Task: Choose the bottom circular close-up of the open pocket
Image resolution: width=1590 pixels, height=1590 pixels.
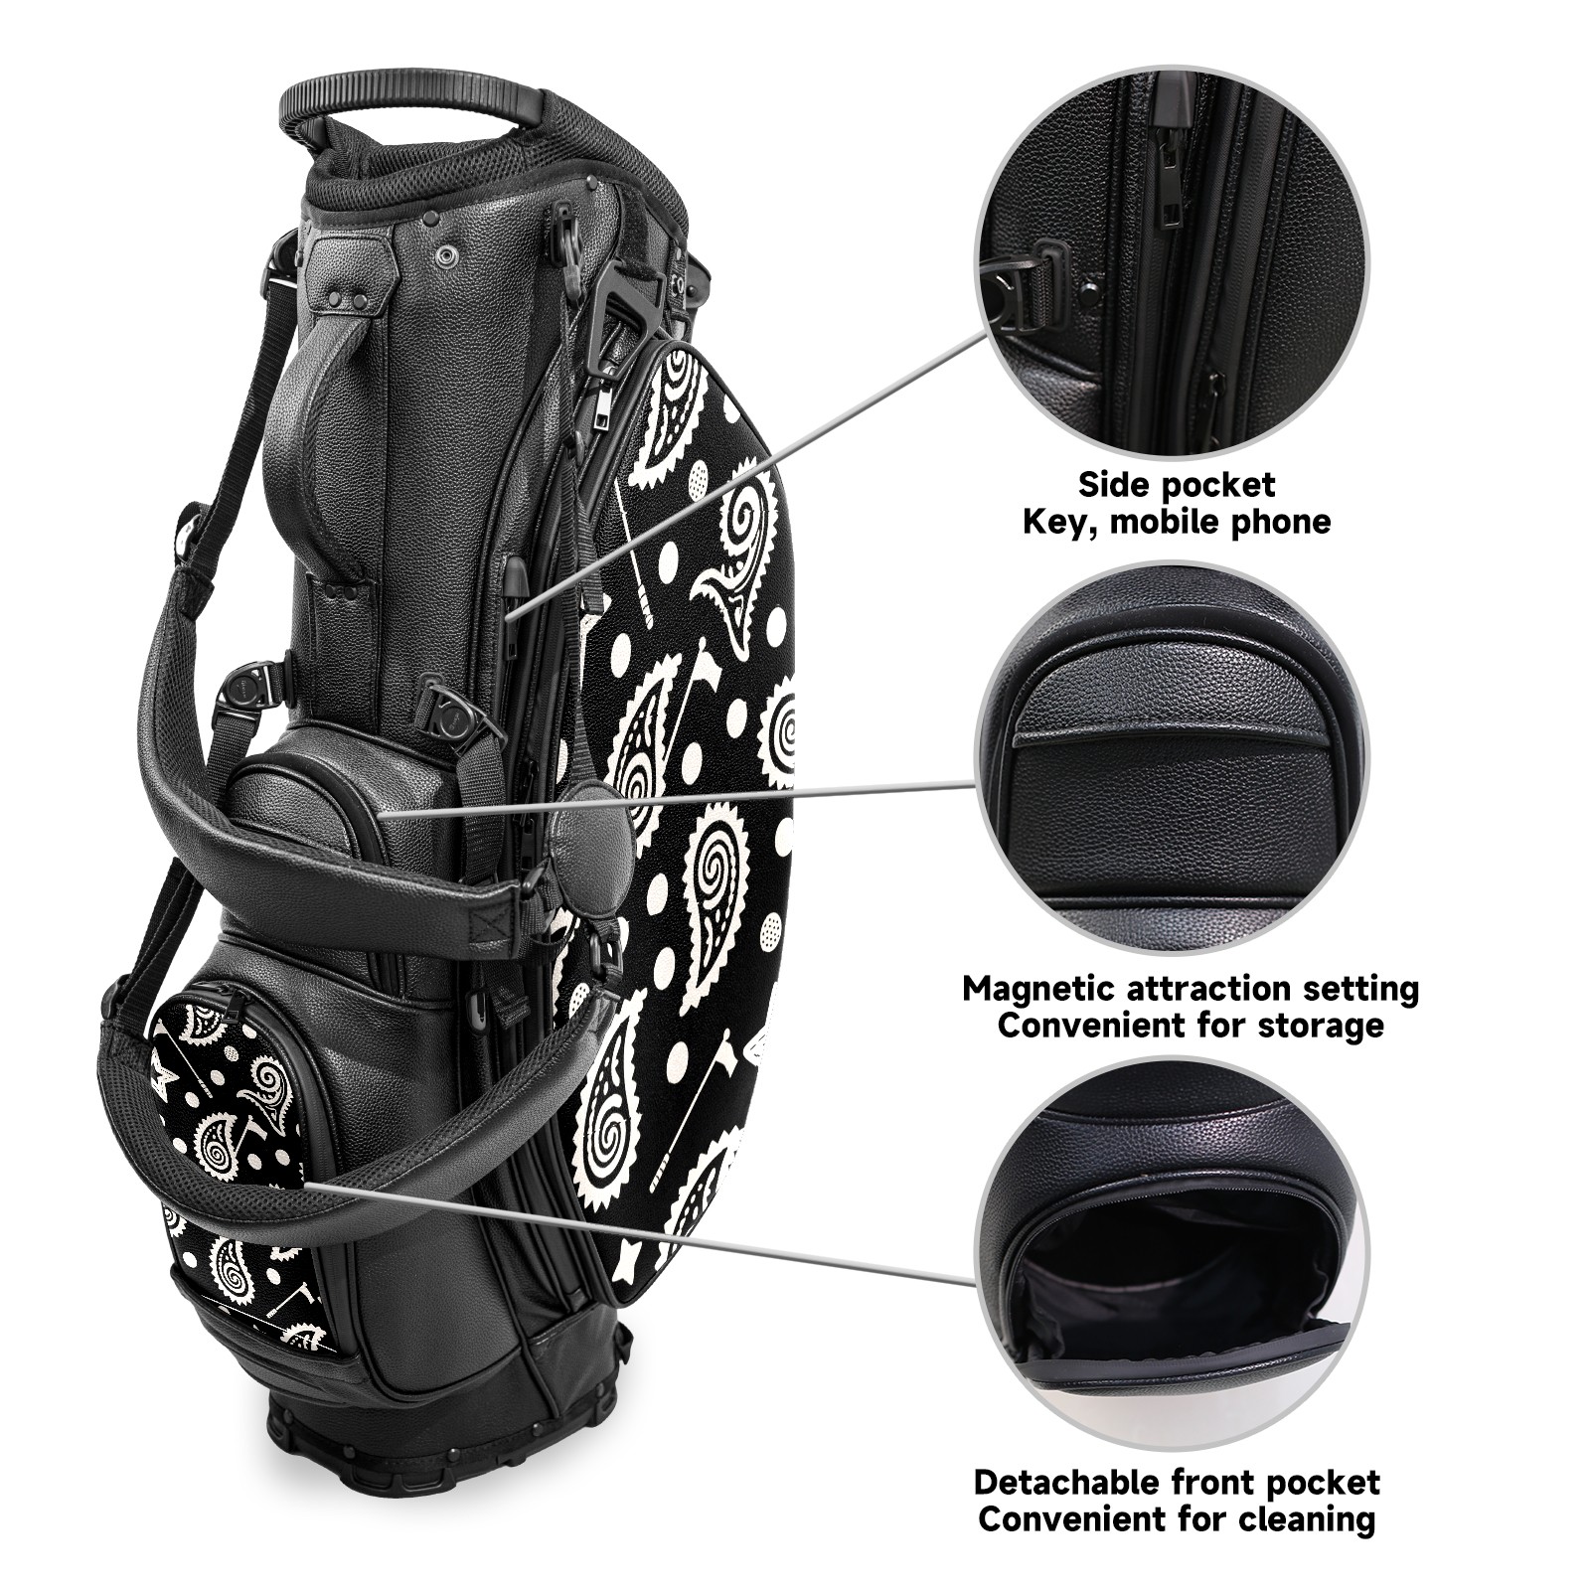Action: [x=1174, y=1255]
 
